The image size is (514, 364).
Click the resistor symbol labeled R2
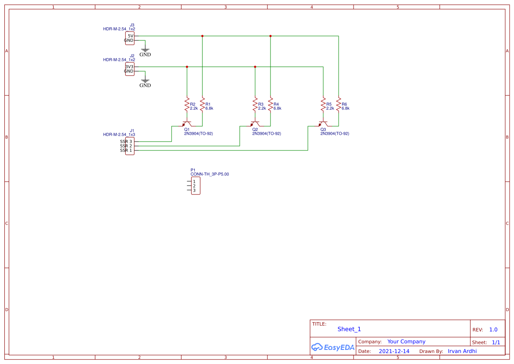click(187, 105)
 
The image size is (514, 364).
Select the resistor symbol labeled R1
click(202, 105)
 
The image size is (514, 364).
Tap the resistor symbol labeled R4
click(270, 105)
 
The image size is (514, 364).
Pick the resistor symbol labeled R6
click(339, 105)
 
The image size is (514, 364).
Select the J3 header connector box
click(130, 38)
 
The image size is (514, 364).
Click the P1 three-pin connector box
click(195, 186)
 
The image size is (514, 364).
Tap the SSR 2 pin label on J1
click(126, 146)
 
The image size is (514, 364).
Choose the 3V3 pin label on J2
click(129, 67)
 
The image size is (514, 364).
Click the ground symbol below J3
click(145, 51)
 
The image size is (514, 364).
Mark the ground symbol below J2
click(145, 82)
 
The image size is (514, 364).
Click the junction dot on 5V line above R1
click(202, 36)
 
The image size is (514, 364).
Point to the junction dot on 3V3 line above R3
click(255, 67)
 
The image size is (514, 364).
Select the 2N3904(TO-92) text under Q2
click(266, 133)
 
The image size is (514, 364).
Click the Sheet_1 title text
click(349, 329)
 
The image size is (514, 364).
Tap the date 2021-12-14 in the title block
click(394, 351)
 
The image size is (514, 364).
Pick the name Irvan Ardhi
click(462, 351)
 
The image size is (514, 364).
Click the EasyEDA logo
click(332, 347)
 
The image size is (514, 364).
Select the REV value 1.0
click(493, 330)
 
